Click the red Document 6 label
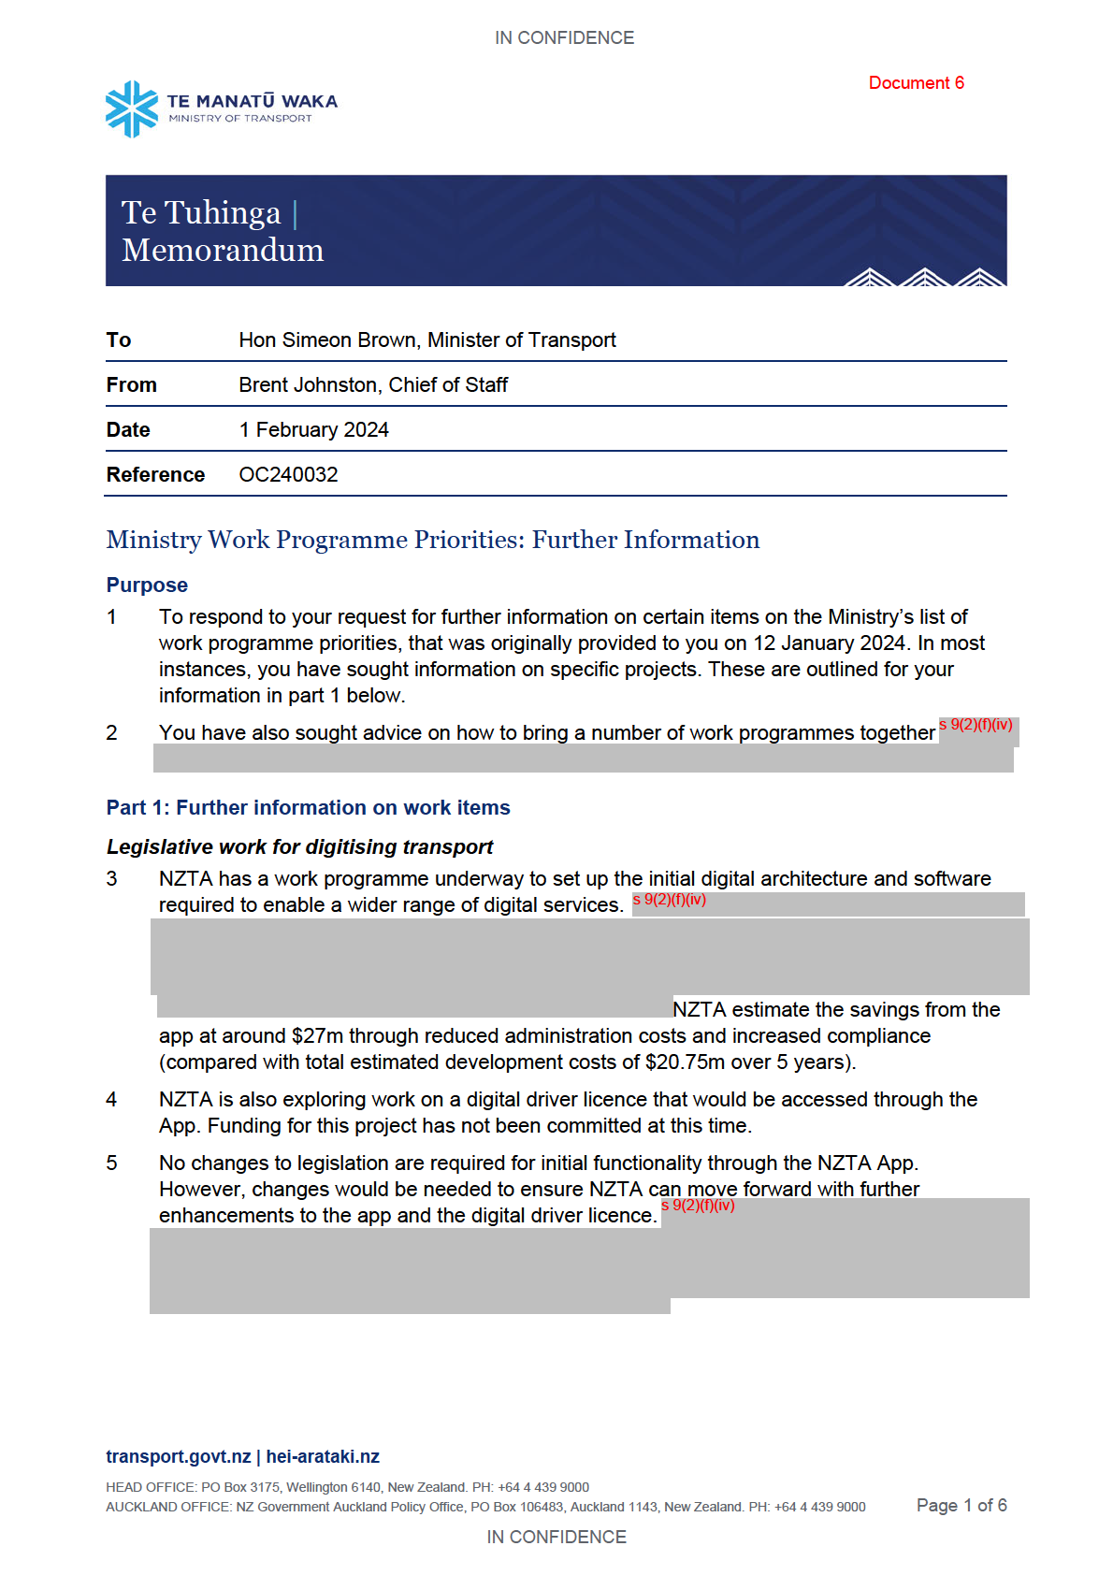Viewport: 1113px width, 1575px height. (x=916, y=83)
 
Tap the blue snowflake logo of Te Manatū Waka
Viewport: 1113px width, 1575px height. (x=132, y=108)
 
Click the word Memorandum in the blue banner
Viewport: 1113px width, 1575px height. (x=223, y=250)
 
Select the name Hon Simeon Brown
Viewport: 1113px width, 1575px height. (x=326, y=340)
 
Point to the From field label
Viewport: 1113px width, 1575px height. (x=132, y=384)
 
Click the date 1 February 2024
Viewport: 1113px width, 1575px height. (x=313, y=429)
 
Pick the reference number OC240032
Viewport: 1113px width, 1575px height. (x=288, y=474)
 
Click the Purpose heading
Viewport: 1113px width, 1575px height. (x=147, y=585)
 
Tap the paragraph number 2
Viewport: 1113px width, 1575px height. (x=111, y=732)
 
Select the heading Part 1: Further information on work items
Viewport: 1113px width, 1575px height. (x=308, y=807)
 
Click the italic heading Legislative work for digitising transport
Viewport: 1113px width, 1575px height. (x=299, y=846)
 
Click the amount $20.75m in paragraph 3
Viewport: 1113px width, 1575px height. (x=685, y=1062)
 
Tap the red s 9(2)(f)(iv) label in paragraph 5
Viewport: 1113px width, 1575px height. (x=698, y=1205)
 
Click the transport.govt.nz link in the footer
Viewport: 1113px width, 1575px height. (x=178, y=1456)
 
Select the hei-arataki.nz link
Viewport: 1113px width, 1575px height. (x=323, y=1456)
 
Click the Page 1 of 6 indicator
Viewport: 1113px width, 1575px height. (x=961, y=1505)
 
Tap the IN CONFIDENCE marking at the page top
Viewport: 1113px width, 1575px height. (x=564, y=37)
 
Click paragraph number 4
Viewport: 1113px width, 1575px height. (x=111, y=1099)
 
